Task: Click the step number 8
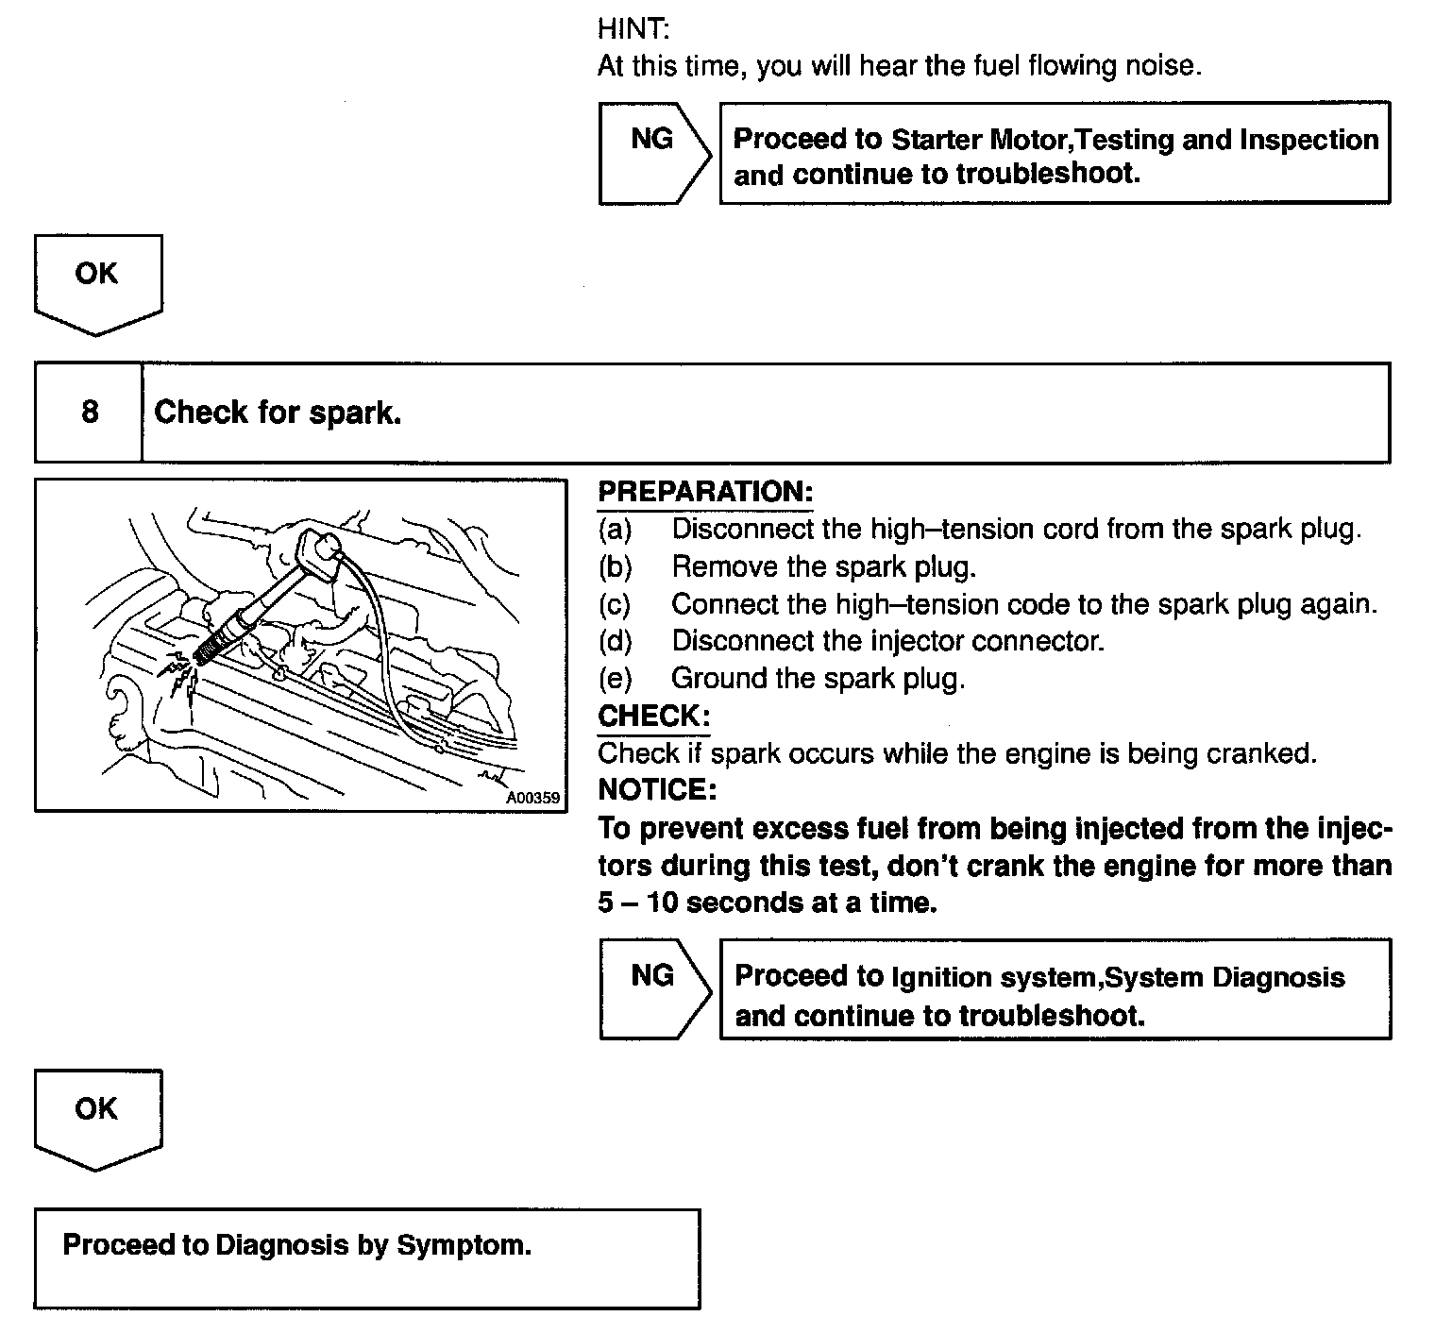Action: (90, 413)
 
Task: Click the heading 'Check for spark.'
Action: (278, 413)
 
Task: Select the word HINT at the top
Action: (633, 28)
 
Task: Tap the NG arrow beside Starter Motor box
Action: (652, 152)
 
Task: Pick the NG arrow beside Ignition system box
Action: (652, 988)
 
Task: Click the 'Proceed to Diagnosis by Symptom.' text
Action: (296, 1245)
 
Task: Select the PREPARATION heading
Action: (705, 492)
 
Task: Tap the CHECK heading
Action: (653, 716)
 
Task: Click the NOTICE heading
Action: (657, 789)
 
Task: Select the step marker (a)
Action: (615, 529)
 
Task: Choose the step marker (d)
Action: (615, 641)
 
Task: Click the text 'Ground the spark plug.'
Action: (818, 678)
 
